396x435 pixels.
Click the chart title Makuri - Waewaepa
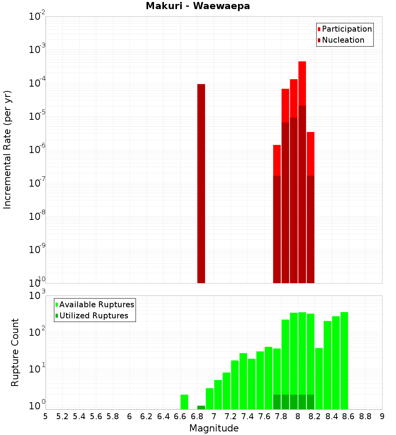198,6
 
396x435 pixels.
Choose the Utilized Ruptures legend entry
93,316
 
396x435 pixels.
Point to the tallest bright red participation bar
302,83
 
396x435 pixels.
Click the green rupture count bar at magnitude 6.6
184,401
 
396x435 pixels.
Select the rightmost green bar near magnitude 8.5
344,360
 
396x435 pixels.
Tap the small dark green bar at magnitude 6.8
201,407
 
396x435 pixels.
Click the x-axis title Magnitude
214,428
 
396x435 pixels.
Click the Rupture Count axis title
15,352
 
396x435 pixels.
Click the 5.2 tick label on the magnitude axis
62,417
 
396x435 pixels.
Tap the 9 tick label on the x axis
382,417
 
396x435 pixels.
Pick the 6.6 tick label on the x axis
180,417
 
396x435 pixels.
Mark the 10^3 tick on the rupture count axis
38,296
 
